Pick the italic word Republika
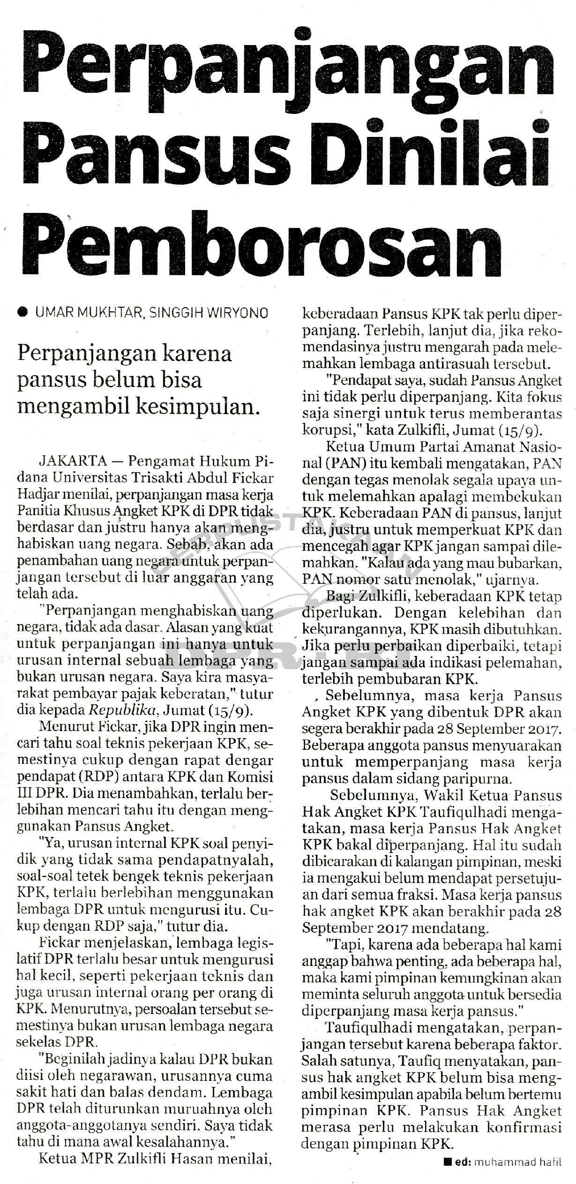pyautogui.click(x=129, y=710)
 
